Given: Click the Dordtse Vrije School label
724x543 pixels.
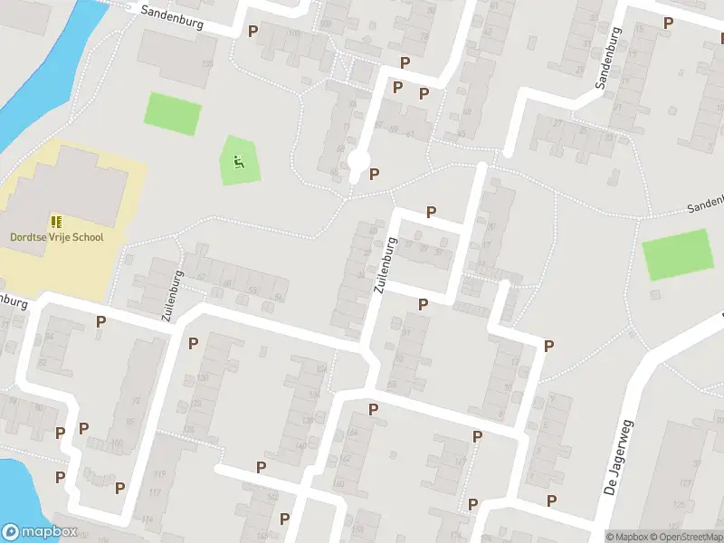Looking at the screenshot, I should tap(56, 237).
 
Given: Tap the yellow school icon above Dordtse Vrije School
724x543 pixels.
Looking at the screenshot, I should tap(56, 222).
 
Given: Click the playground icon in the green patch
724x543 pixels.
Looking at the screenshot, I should tap(239, 162).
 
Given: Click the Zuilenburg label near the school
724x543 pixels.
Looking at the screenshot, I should tap(170, 296).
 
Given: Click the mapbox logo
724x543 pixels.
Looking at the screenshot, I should tap(40, 532).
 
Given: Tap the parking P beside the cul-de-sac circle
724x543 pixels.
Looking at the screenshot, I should tap(375, 174).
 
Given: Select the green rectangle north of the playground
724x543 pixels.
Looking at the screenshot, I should tap(173, 114).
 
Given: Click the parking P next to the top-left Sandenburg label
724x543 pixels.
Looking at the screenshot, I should tap(252, 30).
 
